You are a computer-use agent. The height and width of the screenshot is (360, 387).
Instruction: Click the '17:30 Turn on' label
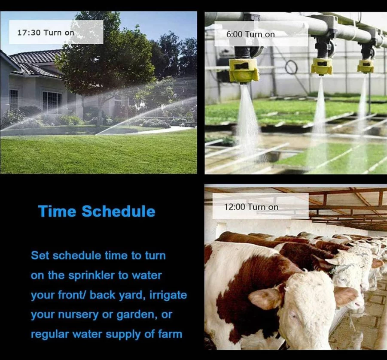(46, 33)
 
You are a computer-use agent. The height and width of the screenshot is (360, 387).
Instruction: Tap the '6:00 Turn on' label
(250, 34)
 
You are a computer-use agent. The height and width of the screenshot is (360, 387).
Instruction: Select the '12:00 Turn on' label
(251, 207)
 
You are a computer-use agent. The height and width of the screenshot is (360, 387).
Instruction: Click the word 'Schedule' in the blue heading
(119, 211)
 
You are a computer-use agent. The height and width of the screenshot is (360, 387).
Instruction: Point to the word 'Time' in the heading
(57, 211)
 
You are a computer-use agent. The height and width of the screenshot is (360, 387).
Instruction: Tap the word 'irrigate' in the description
(168, 295)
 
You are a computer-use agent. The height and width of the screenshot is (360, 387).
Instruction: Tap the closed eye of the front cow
(294, 315)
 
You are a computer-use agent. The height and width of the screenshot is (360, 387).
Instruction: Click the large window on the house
(52, 102)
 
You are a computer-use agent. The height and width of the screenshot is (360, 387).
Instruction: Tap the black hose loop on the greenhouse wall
(291, 67)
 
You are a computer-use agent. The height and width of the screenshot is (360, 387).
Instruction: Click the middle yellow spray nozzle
(322, 66)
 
